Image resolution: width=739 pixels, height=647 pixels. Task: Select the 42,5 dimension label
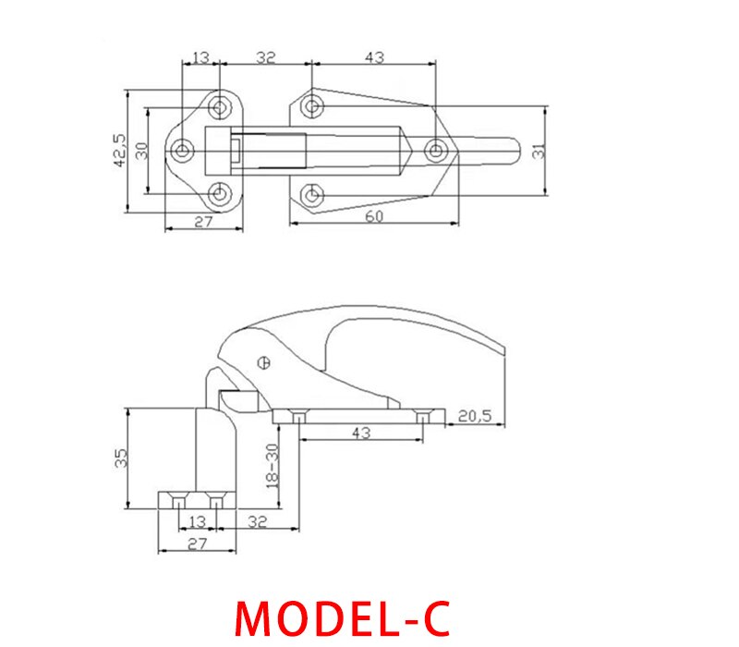(x=119, y=150)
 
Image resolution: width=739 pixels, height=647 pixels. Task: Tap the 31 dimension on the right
(x=538, y=149)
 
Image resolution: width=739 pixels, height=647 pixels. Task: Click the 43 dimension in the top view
(x=373, y=57)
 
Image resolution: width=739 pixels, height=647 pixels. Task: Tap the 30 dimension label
(x=141, y=150)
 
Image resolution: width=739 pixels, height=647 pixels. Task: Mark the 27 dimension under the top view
(x=203, y=222)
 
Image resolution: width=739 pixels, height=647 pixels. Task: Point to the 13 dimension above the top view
(x=200, y=57)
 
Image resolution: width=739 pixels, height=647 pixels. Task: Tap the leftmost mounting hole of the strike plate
(x=183, y=150)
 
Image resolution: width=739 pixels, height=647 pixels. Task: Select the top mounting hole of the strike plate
(x=220, y=105)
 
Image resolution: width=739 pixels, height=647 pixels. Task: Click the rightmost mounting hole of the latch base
(x=435, y=150)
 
